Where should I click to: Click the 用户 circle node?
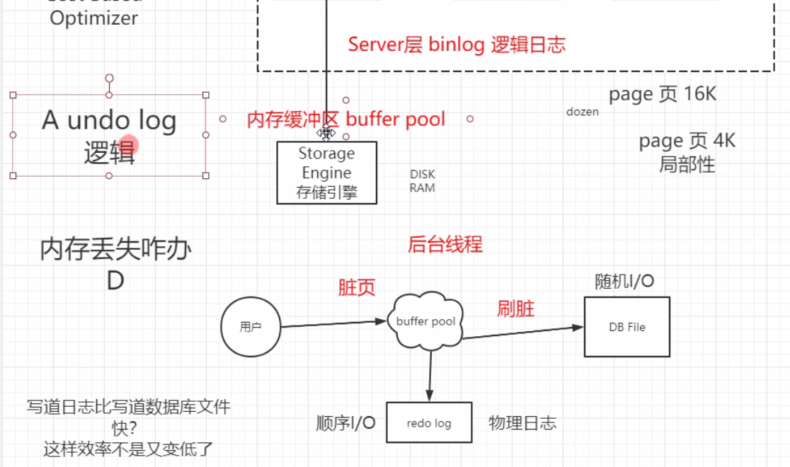[x=251, y=327]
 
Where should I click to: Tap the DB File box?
[x=626, y=327]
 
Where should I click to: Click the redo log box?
[x=428, y=423]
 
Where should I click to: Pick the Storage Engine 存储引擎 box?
[x=326, y=173]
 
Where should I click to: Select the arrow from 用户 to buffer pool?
[x=333, y=324]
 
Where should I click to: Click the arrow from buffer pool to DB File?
[x=524, y=332]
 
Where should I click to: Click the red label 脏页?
[x=356, y=287]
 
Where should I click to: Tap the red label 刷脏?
[x=515, y=309]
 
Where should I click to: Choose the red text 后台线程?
[x=445, y=245]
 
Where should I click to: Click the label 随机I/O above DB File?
[x=624, y=282]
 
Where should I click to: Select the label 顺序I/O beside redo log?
[x=345, y=423]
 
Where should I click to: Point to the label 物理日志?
[x=522, y=423]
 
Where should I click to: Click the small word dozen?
[x=582, y=112]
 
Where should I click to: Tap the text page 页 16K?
[x=663, y=95]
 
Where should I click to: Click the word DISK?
[x=423, y=174]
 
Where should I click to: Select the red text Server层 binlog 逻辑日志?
[x=457, y=45]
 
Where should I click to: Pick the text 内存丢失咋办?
[x=115, y=250]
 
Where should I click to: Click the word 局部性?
[x=687, y=165]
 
